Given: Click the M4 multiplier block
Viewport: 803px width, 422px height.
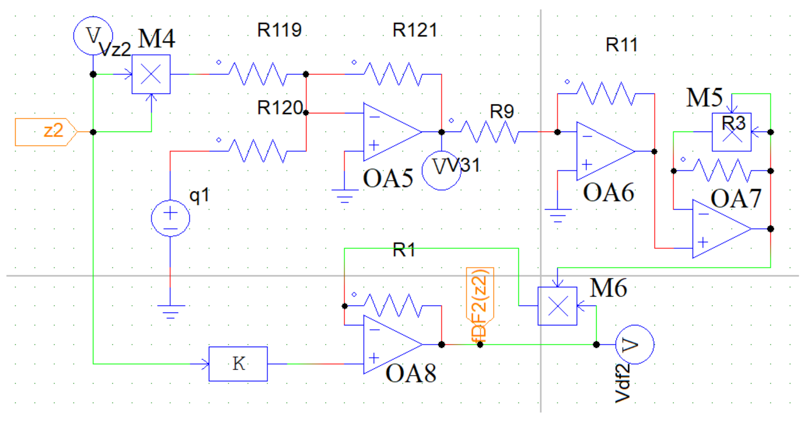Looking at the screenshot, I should [151, 74].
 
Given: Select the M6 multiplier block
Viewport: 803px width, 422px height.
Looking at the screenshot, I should [557, 306].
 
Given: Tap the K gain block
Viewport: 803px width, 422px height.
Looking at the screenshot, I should [238, 364].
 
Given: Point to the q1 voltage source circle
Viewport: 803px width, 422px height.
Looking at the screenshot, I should [170, 218].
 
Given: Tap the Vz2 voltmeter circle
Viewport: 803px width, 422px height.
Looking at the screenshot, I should [93, 36].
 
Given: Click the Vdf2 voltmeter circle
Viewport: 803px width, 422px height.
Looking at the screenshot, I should [635, 344].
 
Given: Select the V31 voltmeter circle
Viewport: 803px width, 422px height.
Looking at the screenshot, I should [441, 171].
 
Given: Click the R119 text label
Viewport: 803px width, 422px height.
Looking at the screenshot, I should [279, 30].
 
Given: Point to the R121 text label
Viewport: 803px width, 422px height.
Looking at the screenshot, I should [415, 30].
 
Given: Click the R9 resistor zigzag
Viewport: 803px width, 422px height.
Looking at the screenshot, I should [489, 132].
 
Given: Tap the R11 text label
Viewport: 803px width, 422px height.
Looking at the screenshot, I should [621, 45].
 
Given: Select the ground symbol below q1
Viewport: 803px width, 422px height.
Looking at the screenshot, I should [170, 311].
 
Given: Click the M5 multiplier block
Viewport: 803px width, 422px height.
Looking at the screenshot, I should [731, 132].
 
